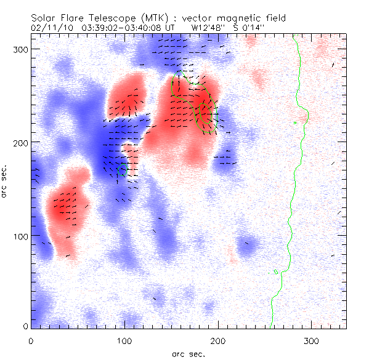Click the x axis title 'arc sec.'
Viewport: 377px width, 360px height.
[x=188, y=354]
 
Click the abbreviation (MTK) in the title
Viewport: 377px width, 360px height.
[x=147, y=18]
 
